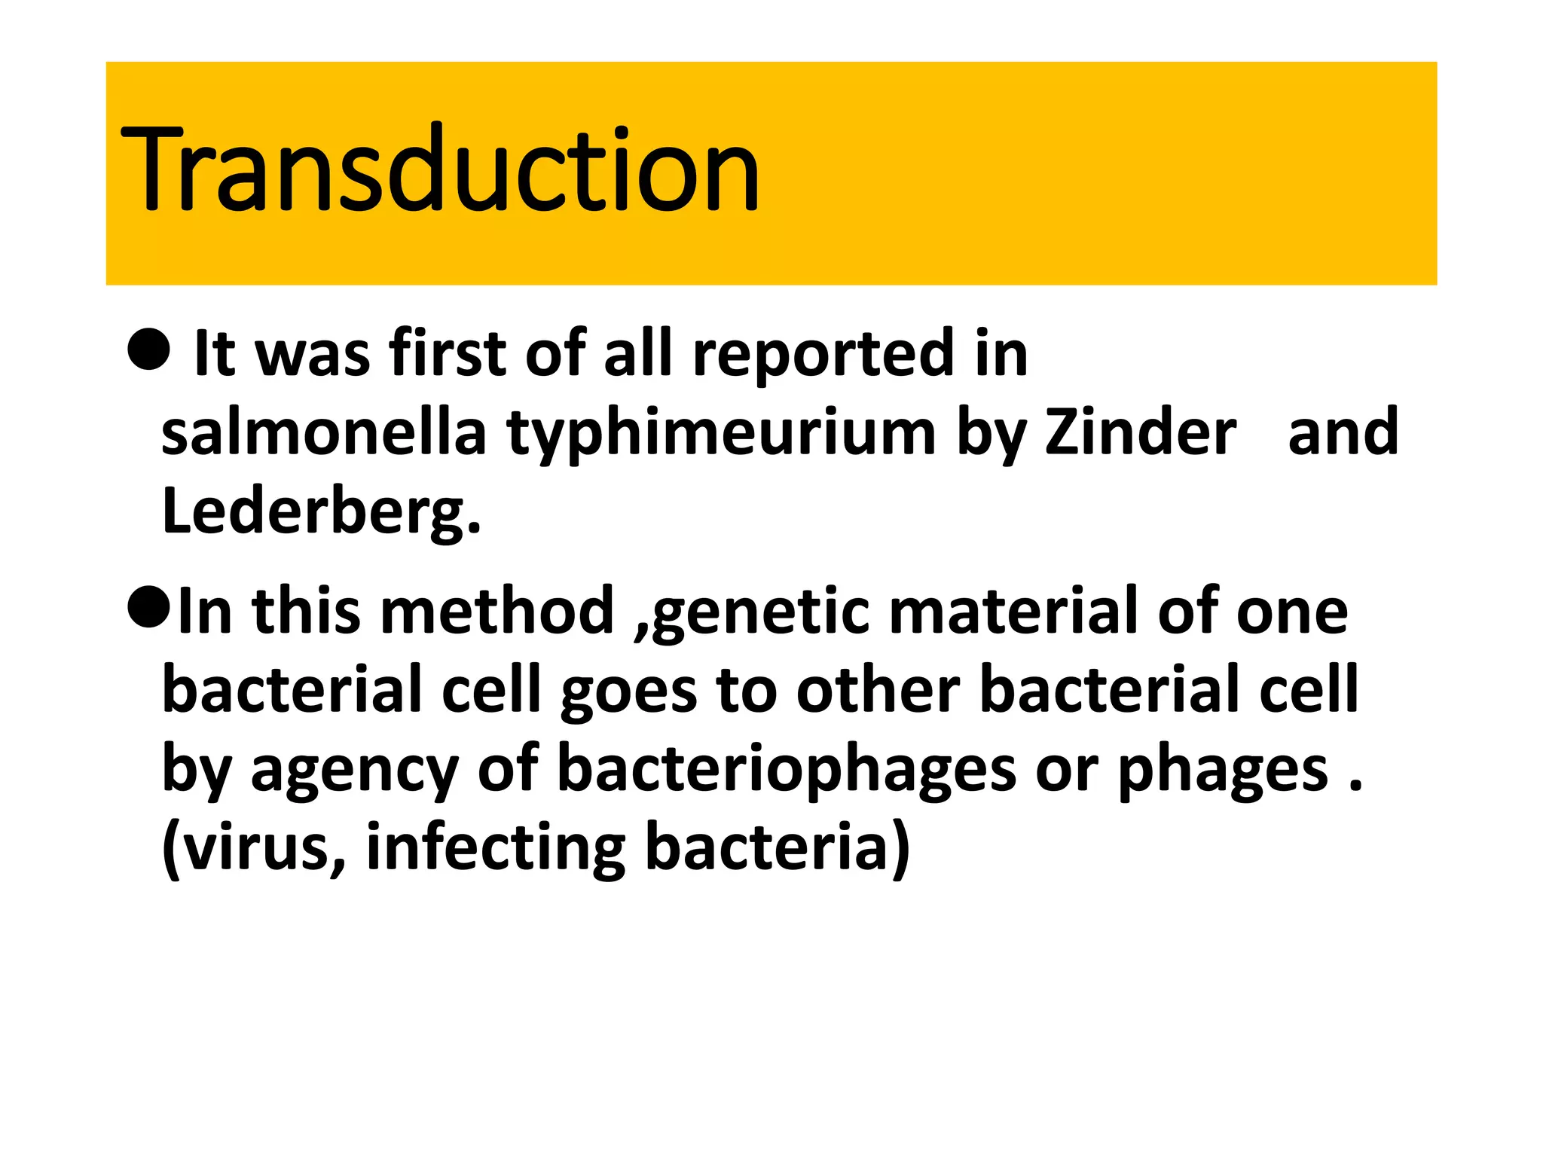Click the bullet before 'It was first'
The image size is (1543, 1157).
[x=149, y=349]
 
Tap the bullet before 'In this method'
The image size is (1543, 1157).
[x=149, y=607]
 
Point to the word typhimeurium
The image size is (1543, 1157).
[x=721, y=435]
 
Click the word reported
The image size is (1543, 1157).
[x=823, y=354]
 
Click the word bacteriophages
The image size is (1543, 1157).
[x=787, y=770]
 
